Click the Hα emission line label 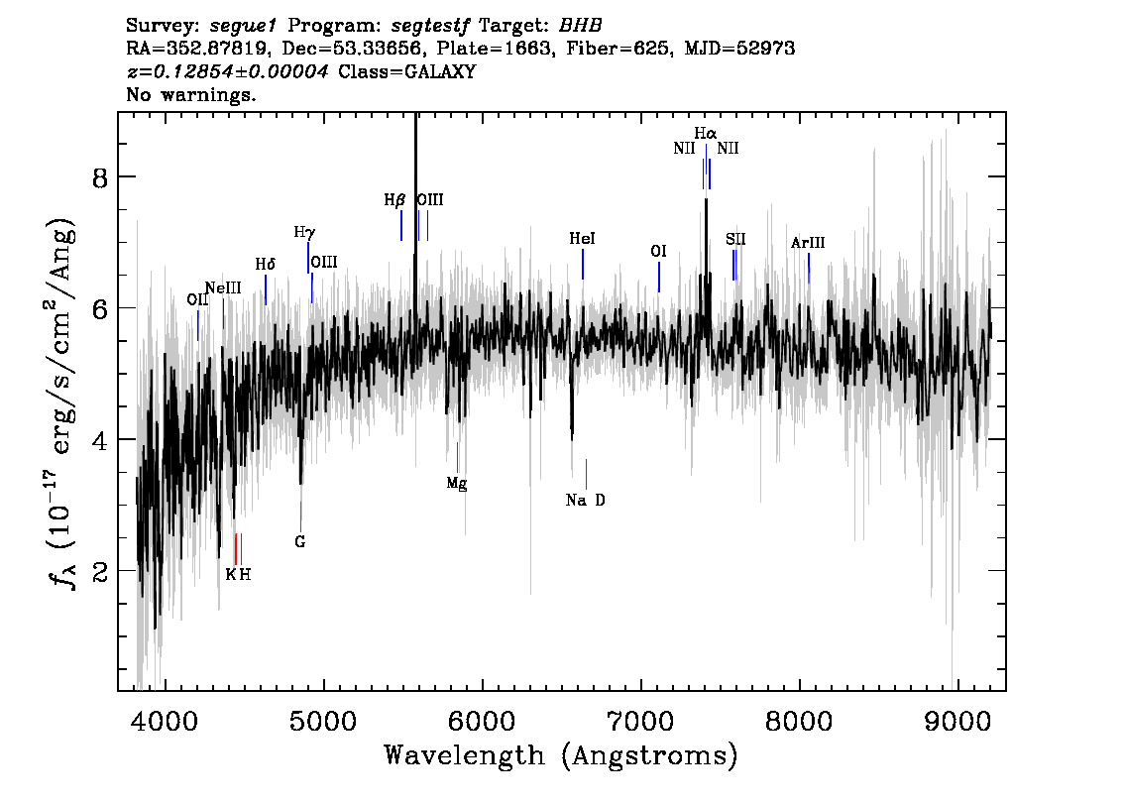pyautogui.click(x=706, y=134)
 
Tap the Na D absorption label pyautogui.click(x=585, y=501)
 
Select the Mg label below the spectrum pyautogui.click(x=457, y=483)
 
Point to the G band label pyautogui.click(x=299, y=542)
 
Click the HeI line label pyautogui.click(x=582, y=239)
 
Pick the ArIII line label pyautogui.click(x=808, y=243)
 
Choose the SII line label pyautogui.click(x=735, y=240)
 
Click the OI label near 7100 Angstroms pyautogui.click(x=658, y=252)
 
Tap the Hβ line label pyautogui.click(x=394, y=200)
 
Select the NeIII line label pyautogui.click(x=223, y=288)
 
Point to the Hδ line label pyautogui.click(x=266, y=265)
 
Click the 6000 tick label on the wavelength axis pyautogui.click(x=482, y=721)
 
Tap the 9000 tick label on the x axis pyautogui.click(x=956, y=721)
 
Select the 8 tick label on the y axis pyautogui.click(x=100, y=177)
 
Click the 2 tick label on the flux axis pyautogui.click(x=100, y=571)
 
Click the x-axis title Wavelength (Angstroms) pyautogui.click(x=561, y=755)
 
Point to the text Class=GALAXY pyautogui.click(x=407, y=71)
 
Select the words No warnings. pyautogui.click(x=190, y=94)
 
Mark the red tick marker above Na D pyautogui.click(x=587, y=474)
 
